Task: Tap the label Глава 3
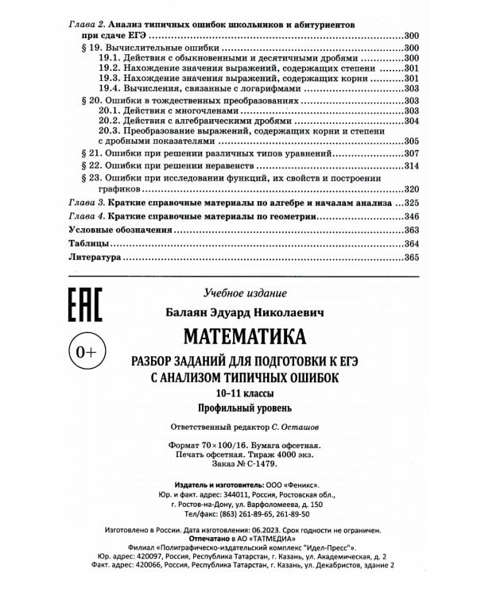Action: [83, 203]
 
